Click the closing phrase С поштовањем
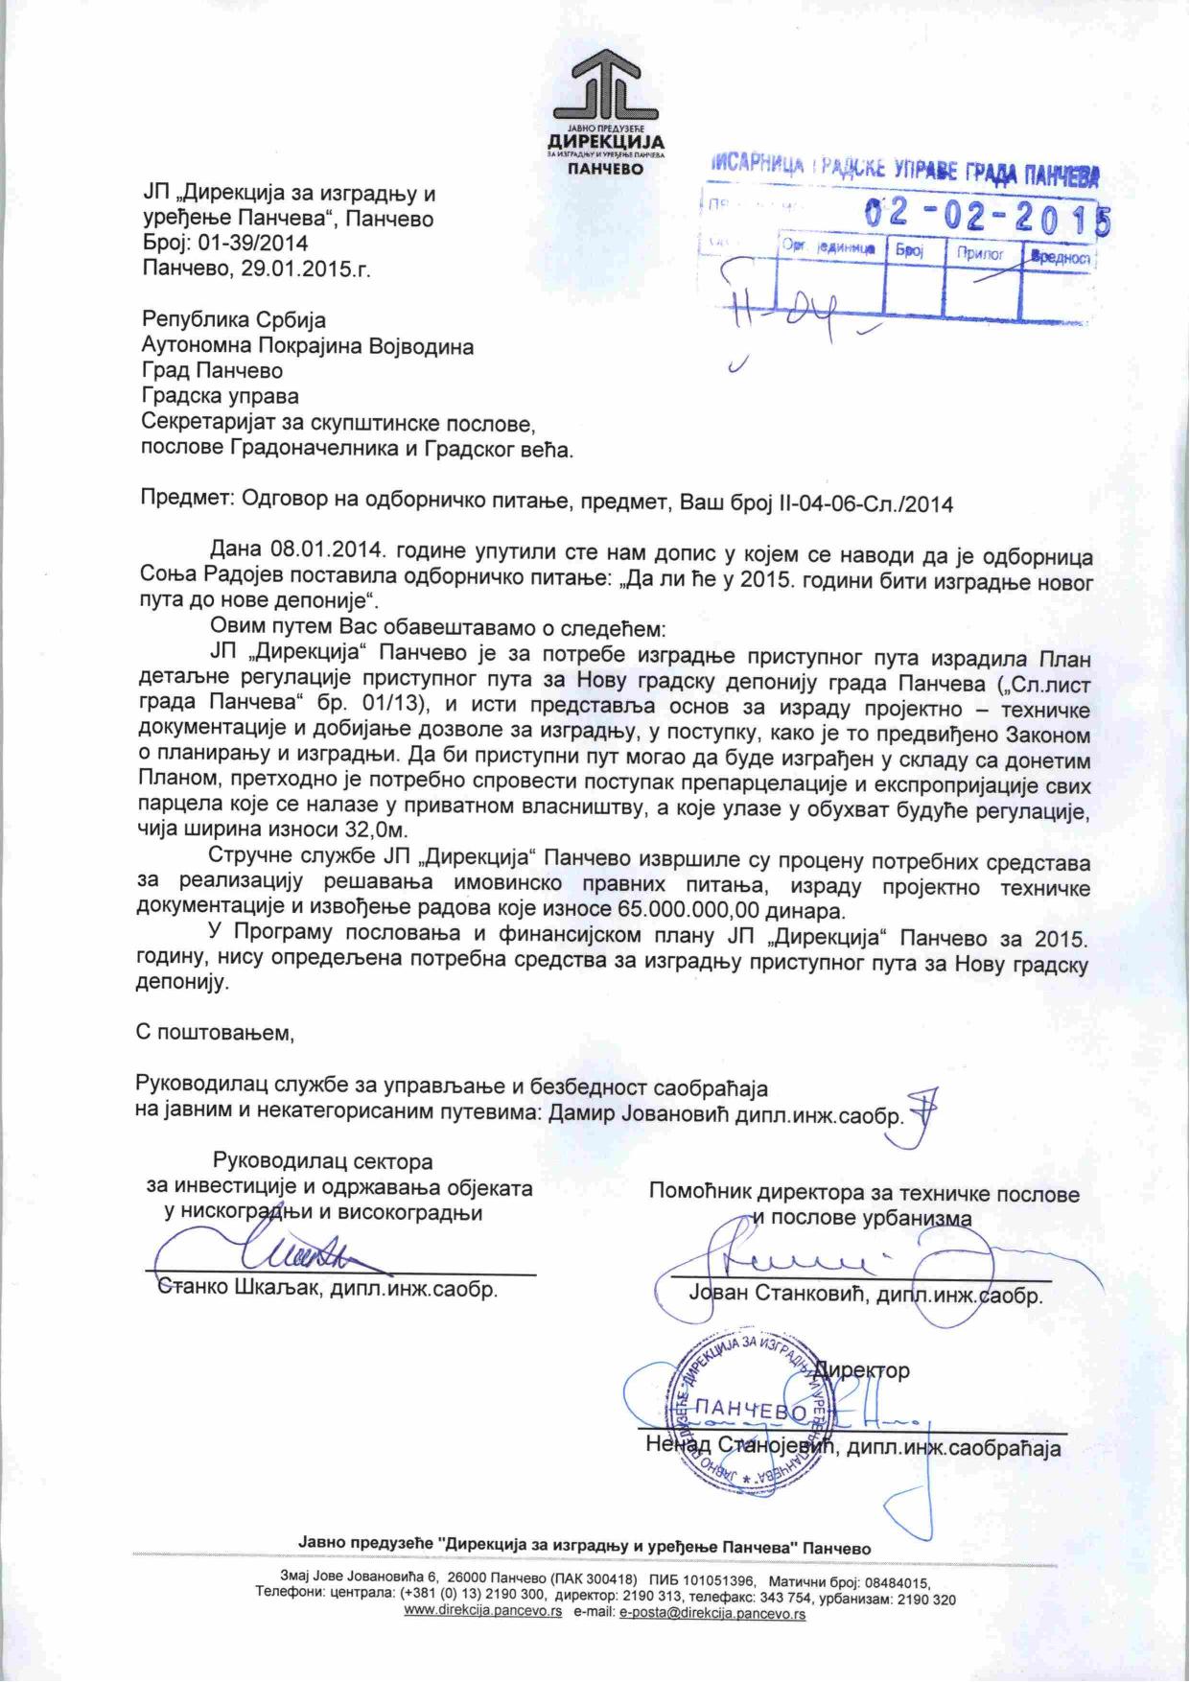pyautogui.click(x=215, y=1033)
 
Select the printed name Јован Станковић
pyautogui.click(x=778, y=1294)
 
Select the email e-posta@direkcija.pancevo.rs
pyautogui.click(x=712, y=1613)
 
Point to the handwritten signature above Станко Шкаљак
pyautogui.click(x=288, y=1252)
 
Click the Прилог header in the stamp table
pyautogui.click(x=978, y=254)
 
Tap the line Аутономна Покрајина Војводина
pyautogui.click(x=308, y=345)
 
